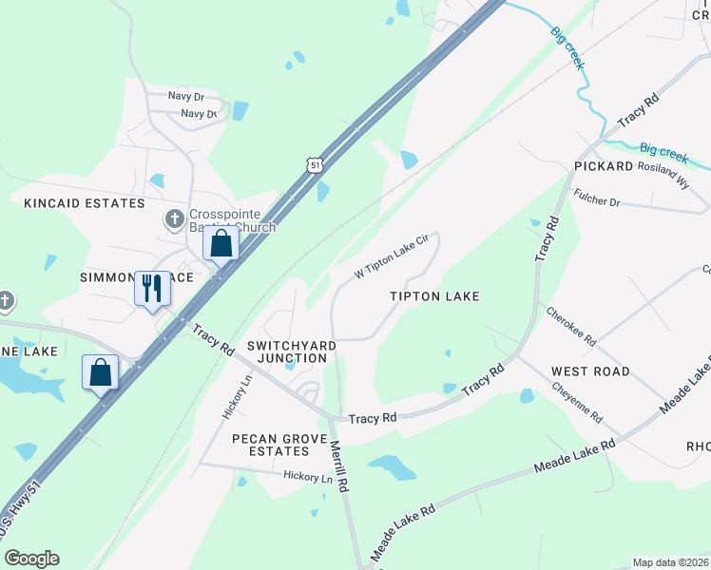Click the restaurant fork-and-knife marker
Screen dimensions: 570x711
click(x=152, y=287)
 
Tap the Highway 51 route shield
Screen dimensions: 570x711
click(x=315, y=165)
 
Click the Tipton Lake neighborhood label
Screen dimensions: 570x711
click(x=434, y=296)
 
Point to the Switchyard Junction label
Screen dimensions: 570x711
click(x=286, y=351)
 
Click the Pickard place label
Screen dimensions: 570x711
click(x=604, y=166)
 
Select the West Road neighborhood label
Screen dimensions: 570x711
click(x=590, y=371)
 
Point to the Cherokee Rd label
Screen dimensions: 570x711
click(x=571, y=326)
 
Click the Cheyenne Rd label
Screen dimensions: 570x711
click(x=578, y=403)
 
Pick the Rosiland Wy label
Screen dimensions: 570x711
click(x=663, y=175)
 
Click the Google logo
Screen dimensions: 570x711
click(x=31, y=559)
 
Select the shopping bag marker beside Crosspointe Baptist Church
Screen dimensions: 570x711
click(x=221, y=243)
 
